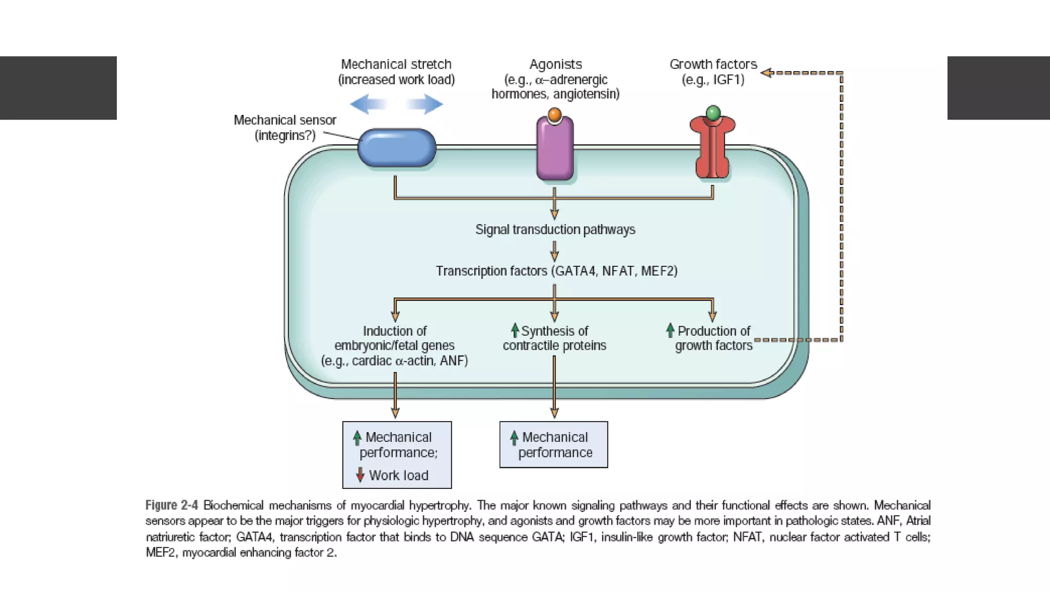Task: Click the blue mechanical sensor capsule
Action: tap(396, 148)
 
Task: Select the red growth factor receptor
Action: tap(713, 149)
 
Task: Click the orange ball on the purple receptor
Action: tap(554, 114)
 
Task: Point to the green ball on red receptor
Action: tap(713, 112)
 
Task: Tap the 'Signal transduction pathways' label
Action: tap(555, 229)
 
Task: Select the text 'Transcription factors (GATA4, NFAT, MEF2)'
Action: tap(556, 271)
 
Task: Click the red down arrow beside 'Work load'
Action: tap(360, 475)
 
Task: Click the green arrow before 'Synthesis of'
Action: tap(515, 330)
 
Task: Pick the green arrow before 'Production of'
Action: tap(670, 330)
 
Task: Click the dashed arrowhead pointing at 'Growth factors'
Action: tap(766, 73)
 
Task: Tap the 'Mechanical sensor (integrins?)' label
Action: tap(285, 127)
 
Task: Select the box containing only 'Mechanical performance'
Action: tap(554, 445)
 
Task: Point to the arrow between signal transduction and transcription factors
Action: tap(554, 251)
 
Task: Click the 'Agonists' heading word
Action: tap(556, 64)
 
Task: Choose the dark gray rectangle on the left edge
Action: tap(58, 88)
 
